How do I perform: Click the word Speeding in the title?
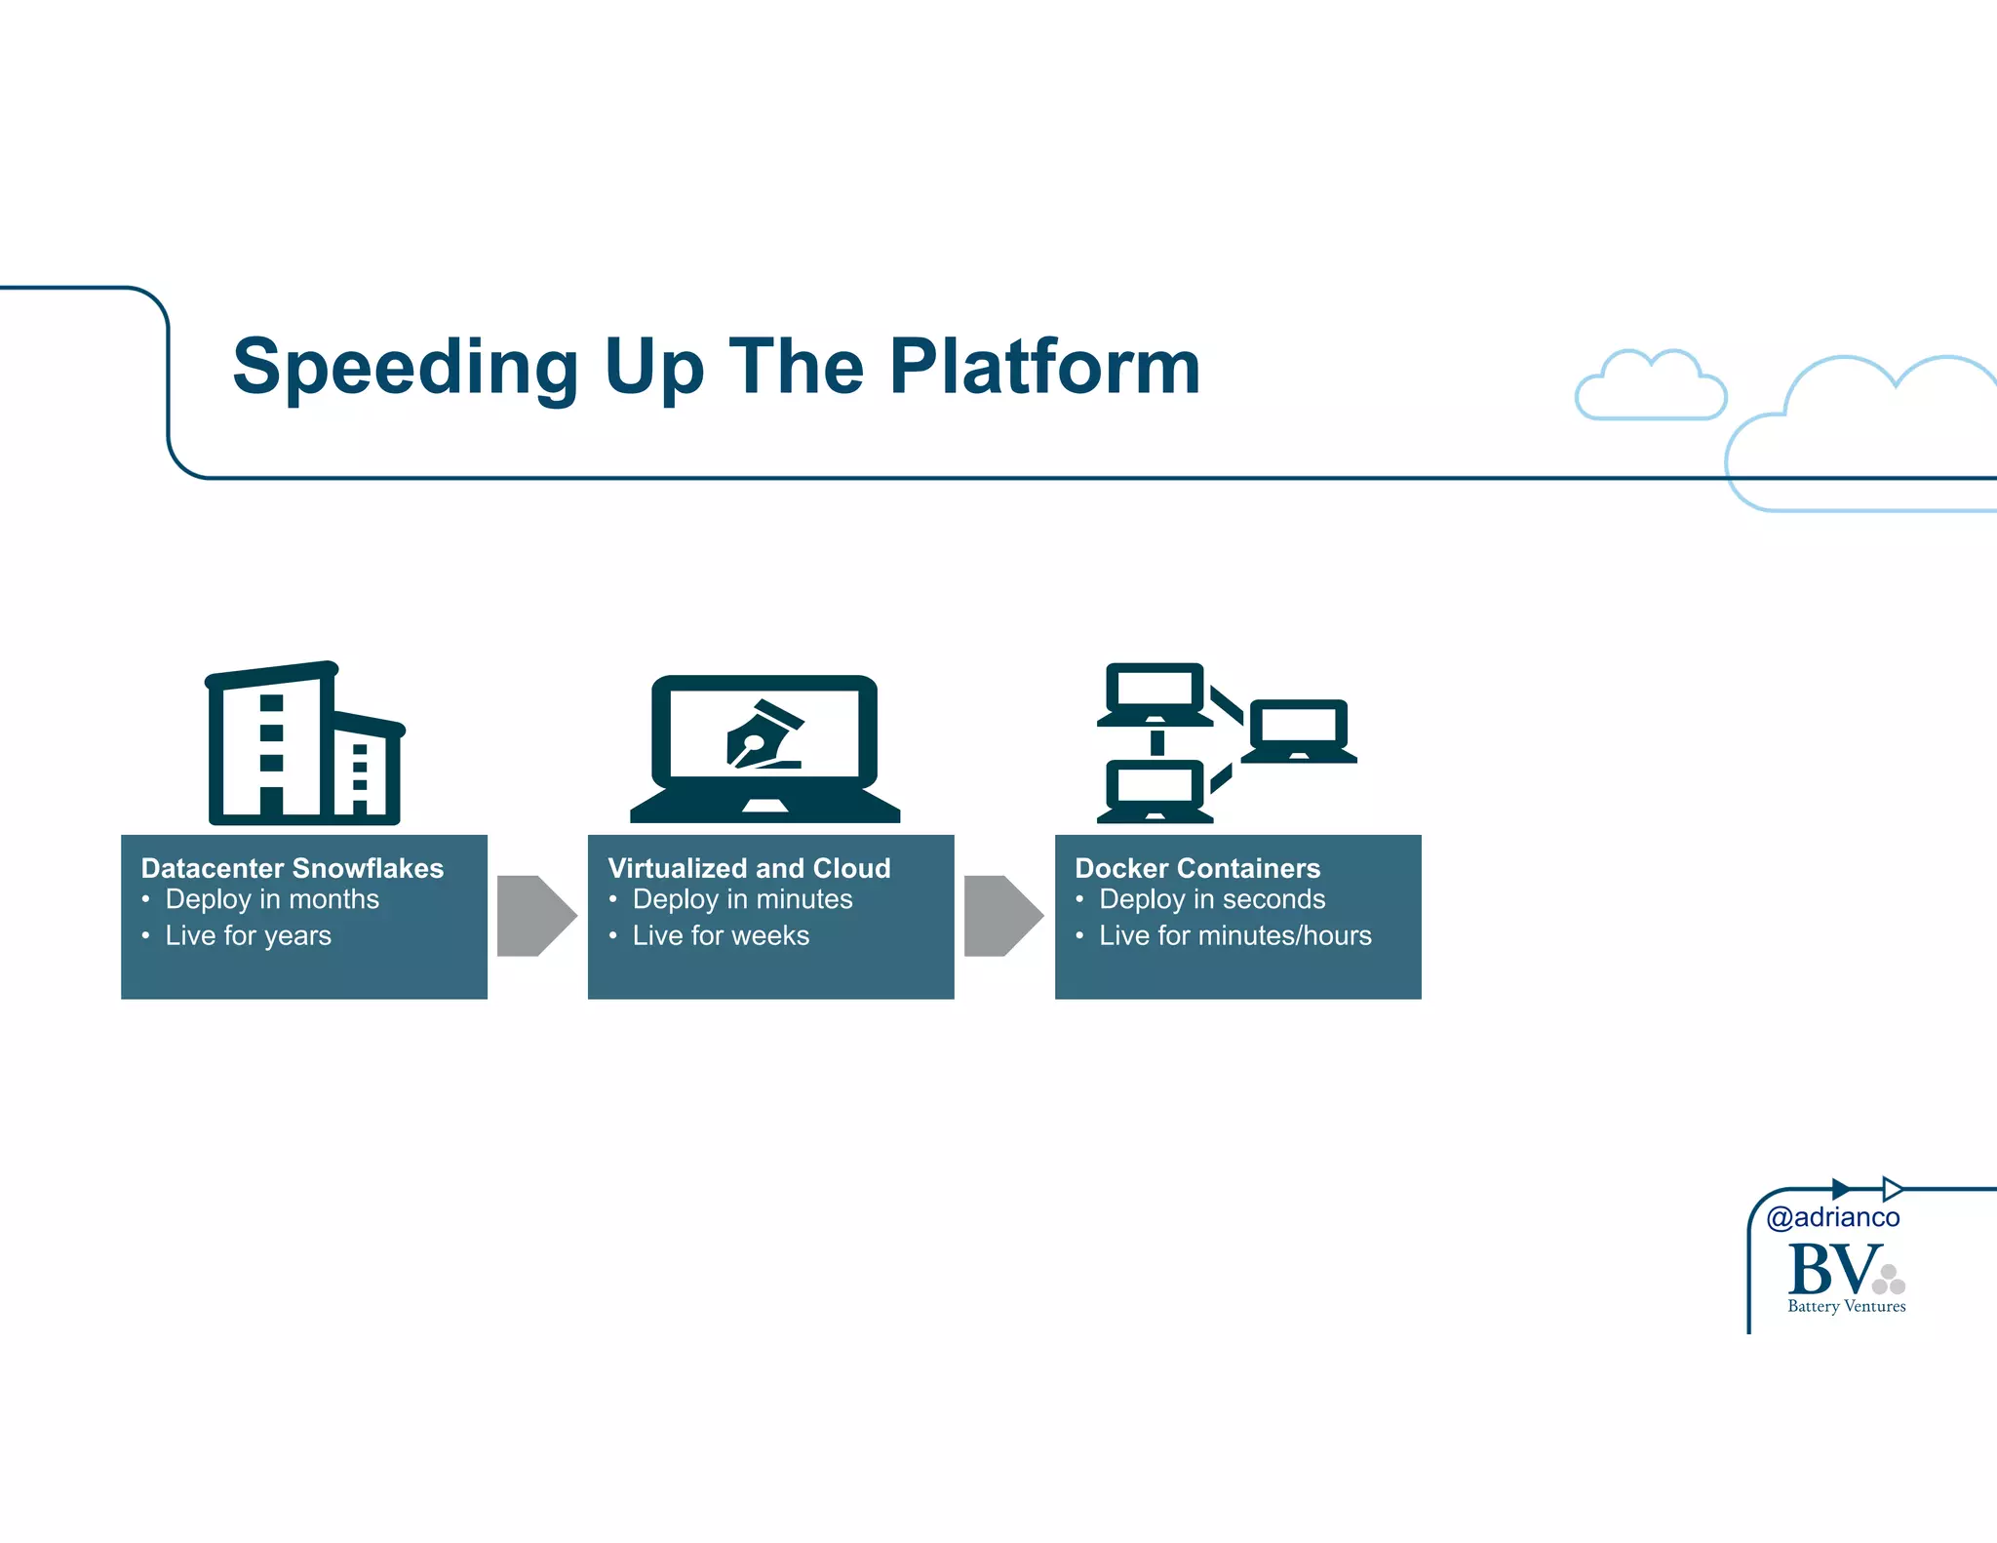pyautogui.click(x=406, y=367)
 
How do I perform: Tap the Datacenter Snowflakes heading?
pyautogui.click(x=292, y=867)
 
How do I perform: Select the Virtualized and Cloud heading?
pyautogui.click(x=749, y=867)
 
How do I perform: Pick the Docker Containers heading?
pyautogui.click(x=1196, y=867)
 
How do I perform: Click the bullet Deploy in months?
pyautogui.click(x=271, y=899)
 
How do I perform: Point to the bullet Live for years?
pyautogui.click(x=248, y=935)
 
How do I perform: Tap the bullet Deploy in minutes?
pyautogui.click(x=742, y=899)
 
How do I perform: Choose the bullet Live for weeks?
pyautogui.click(x=721, y=935)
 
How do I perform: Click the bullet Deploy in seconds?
pyautogui.click(x=1211, y=899)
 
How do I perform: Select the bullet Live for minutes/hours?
pyautogui.click(x=1234, y=935)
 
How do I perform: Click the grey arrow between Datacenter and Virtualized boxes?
pyautogui.click(x=535, y=916)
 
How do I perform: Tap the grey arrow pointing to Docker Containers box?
pyautogui.click(x=1002, y=916)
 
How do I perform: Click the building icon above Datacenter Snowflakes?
pyautogui.click(x=303, y=744)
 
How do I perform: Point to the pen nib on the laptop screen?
pyautogui.click(x=763, y=736)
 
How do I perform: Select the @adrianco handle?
pyautogui.click(x=1832, y=1217)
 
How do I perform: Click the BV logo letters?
pyautogui.click(x=1833, y=1269)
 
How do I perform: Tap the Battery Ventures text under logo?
pyautogui.click(x=1846, y=1306)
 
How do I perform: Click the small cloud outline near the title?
pyautogui.click(x=1650, y=386)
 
